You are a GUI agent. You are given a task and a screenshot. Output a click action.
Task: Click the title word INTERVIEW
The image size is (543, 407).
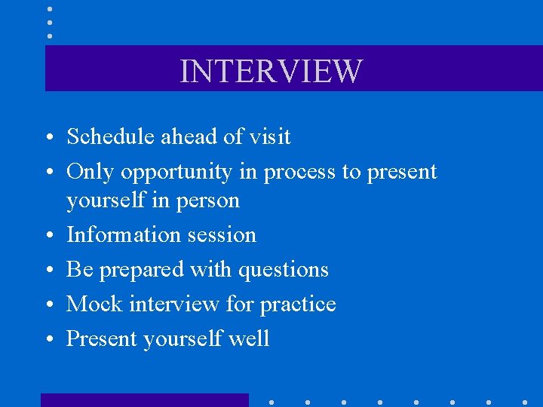click(271, 71)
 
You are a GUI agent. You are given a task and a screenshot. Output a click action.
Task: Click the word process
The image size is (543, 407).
click(299, 173)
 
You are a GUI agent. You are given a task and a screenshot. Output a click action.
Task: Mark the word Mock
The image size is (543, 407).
click(95, 304)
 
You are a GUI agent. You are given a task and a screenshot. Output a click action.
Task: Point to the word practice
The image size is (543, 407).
click(298, 304)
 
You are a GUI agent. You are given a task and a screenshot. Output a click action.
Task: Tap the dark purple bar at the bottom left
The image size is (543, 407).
click(144, 400)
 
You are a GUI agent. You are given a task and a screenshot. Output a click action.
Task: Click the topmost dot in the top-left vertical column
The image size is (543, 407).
click(50, 9)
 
